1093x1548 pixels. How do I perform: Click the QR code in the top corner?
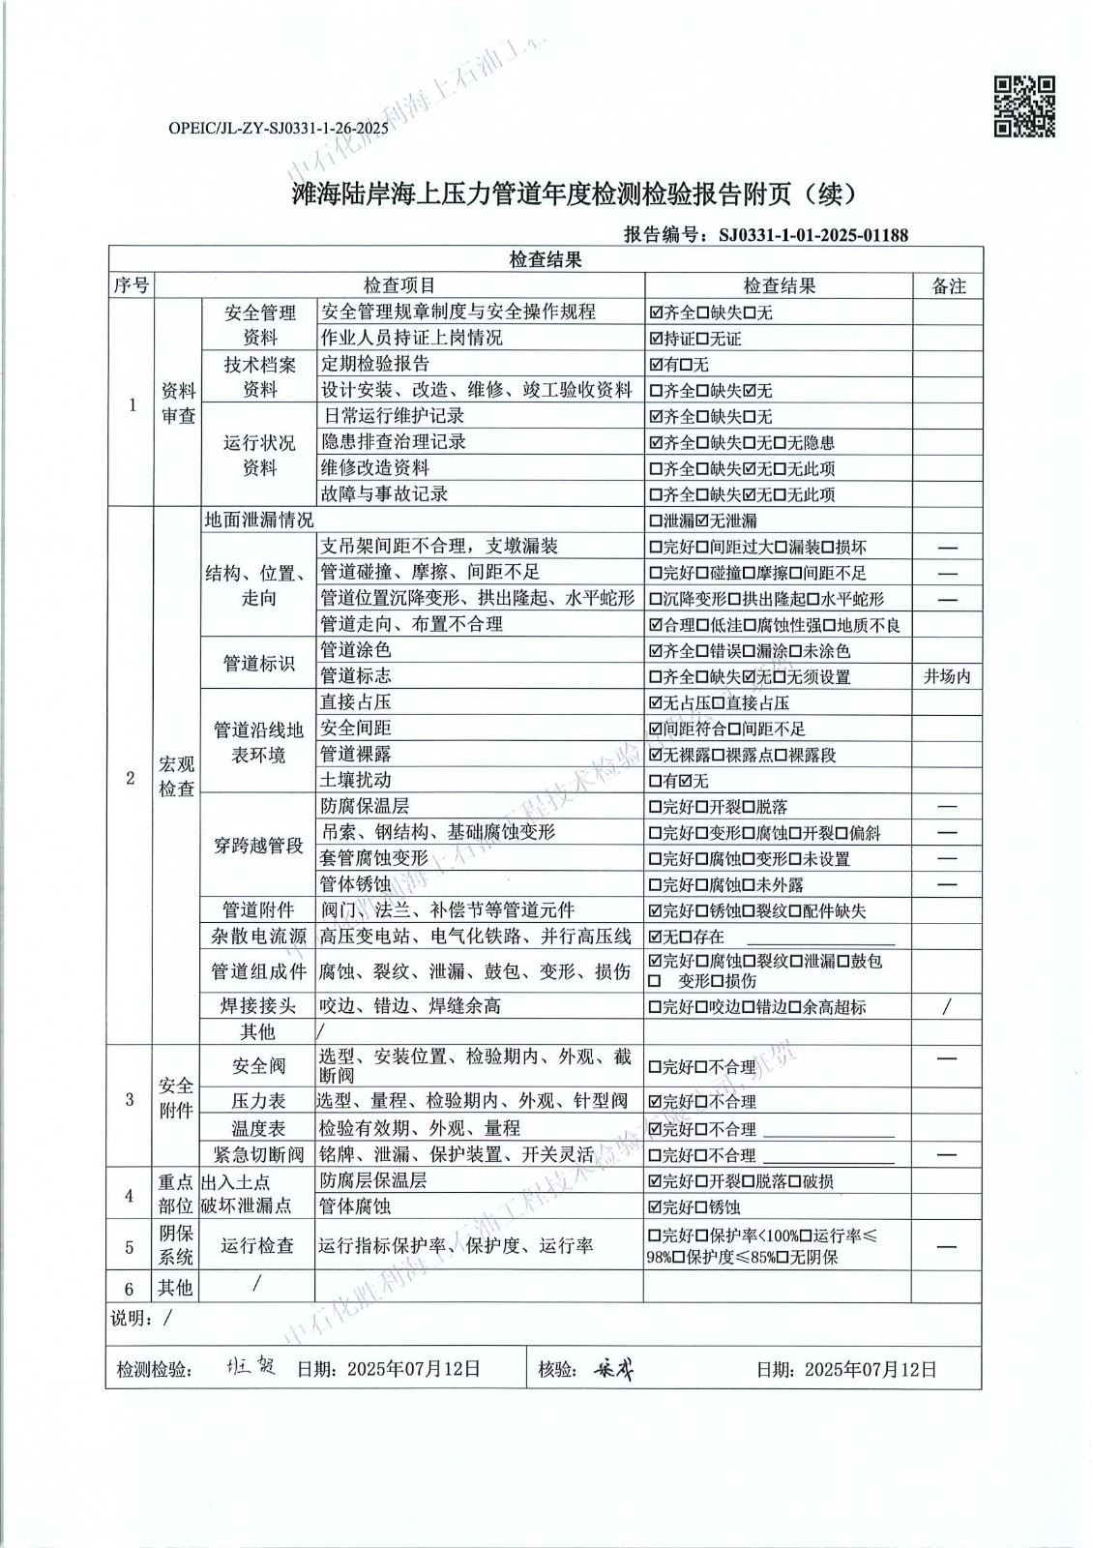coord(1025,106)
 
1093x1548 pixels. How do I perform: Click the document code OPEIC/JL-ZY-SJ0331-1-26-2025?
coord(278,127)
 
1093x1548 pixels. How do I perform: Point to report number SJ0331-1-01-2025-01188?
coord(813,235)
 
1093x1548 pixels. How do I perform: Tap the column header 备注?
coord(948,285)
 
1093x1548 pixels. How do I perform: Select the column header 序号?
coord(132,285)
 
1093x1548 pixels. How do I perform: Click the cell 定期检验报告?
coord(375,364)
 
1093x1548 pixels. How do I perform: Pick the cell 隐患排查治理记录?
coord(394,442)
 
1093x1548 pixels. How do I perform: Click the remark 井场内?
coord(947,676)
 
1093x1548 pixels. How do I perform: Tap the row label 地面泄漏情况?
coord(259,520)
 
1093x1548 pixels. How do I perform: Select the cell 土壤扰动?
coord(356,780)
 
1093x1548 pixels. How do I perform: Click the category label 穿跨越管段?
coord(258,846)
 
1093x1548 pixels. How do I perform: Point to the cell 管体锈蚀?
coord(356,884)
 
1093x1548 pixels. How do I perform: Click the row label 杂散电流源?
coord(258,936)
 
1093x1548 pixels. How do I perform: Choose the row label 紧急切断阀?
coord(258,1154)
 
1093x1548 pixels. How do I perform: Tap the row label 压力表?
coord(258,1101)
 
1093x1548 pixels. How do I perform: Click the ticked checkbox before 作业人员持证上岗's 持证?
coord(657,339)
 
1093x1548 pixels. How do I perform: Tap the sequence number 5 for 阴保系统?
coord(131,1247)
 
